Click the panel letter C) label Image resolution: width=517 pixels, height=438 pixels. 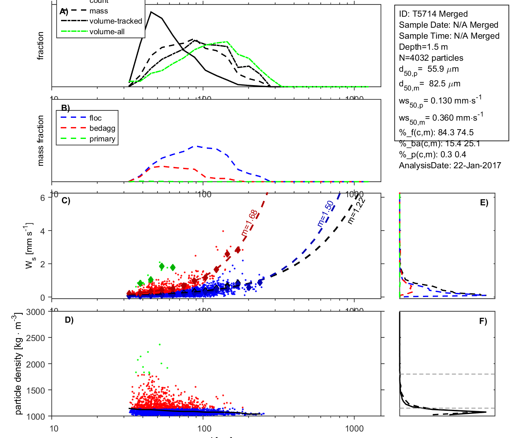[x=66, y=200]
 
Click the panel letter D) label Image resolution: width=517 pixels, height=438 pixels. [x=69, y=320]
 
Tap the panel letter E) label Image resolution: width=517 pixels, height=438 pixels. [x=484, y=202]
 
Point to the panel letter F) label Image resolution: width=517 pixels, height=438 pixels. [x=483, y=321]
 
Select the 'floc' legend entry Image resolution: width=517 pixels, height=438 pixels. [x=96, y=118]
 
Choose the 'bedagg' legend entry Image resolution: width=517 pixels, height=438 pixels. [x=102, y=128]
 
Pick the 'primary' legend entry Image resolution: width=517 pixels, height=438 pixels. [x=102, y=139]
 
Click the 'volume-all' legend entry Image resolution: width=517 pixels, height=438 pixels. [x=107, y=32]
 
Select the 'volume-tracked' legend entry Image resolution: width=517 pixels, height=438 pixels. [x=116, y=21]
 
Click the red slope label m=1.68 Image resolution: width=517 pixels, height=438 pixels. [x=249, y=223]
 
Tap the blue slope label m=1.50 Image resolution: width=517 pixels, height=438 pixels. [x=325, y=213]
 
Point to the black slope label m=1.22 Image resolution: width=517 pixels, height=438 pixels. [x=356, y=211]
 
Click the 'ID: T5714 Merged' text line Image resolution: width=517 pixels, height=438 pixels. [x=433, y=14]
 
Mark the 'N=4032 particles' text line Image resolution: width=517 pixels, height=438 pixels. [x=431, y=58]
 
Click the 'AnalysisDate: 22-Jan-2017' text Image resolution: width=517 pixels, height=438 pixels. [x=450, y=165]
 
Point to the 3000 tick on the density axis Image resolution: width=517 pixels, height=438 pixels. [x=35, y=312]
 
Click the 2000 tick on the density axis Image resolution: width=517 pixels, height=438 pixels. [x=35, y=364]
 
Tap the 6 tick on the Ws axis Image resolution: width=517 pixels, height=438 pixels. [x=42, y=198]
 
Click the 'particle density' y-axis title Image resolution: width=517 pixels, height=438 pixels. [x=18, y=364]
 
